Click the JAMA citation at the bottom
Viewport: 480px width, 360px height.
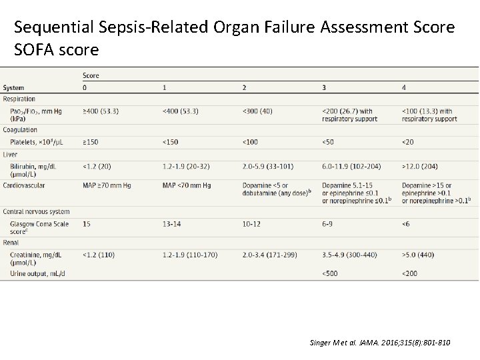pos(380,343)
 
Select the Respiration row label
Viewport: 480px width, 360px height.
pos(19,99)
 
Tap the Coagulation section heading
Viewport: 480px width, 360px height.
pos(20,129)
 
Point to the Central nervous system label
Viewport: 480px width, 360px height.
pos(36,211)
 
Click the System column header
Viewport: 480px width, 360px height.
pos(13,87)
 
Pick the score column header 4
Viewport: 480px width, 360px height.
pos(404,87)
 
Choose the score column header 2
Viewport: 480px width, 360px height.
pos(244,87)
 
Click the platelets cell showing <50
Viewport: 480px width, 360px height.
pos(328,141)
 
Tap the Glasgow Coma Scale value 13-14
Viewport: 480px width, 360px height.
pos(172,224)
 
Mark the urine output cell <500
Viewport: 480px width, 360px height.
pos(329,273)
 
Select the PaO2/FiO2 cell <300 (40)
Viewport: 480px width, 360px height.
pos(257,111)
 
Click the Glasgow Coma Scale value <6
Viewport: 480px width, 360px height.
pos(406,224)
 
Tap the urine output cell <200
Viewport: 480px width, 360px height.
pos(409,273)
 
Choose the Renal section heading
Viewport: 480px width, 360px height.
pos(11,242)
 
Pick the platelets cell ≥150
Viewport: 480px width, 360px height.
pos(91,141)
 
